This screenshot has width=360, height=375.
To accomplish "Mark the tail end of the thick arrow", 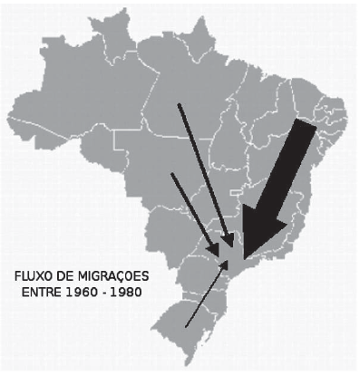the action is click(308, 130).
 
